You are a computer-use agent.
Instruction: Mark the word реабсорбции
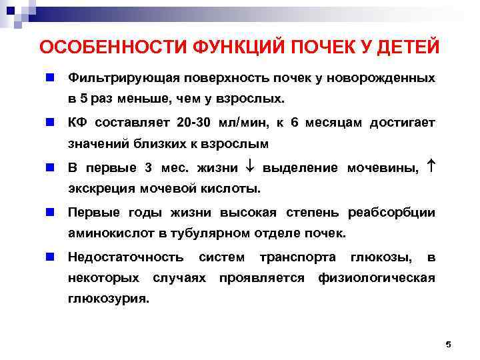pyautogui.click(x=392, y=213)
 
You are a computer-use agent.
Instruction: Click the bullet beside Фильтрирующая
pyautogui.click(x=49, y=78)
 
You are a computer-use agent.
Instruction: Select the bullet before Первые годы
pyautogui.click(x=49, y=213)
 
